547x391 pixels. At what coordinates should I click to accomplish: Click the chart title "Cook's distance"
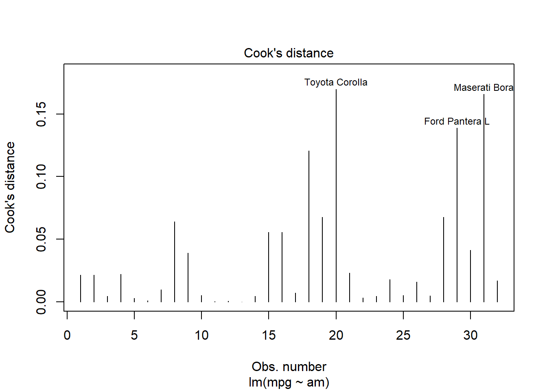(x=289, y=53)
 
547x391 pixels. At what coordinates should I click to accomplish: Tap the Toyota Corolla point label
(x=336, y=82)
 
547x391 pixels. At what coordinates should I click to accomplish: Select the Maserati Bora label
(x=483, y=88)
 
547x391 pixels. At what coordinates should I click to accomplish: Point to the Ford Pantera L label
(x=456, y=121)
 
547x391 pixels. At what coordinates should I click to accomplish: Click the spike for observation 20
(x=336, y=195)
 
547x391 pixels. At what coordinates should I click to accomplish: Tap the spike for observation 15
(x=269, y=267)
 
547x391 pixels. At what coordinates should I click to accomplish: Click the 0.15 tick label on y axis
(x=42, y=114)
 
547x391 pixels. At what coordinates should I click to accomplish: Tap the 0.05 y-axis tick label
(x=42, y=239)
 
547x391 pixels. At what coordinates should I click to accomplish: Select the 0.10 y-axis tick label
(x=42, y=176)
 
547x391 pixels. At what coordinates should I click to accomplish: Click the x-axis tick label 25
(x=403, y=335)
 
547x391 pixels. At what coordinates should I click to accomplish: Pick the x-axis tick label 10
(x=201, y=335)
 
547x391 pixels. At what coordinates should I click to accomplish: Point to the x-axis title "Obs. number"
(x=289, y=367)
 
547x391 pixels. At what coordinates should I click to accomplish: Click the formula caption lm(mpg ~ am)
(x=289, y=382)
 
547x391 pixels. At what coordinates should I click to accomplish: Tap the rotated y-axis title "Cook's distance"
(x=10, y=187)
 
